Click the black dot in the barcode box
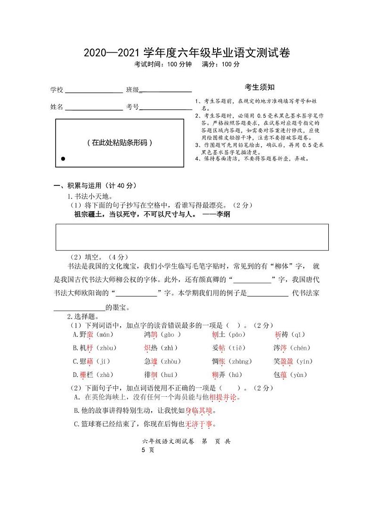pos(63,159)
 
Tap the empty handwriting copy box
pos(192,237)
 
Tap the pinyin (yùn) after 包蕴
pos(297,375)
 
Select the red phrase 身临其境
pos(199,411)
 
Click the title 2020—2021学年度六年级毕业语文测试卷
pos(187,53)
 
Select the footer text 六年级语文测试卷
pos(168,441)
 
